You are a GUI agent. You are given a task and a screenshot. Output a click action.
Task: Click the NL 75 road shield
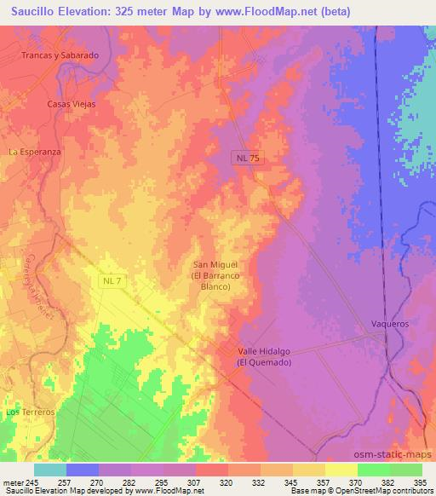point(247,159)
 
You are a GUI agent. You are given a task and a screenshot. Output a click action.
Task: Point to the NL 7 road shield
point(110,280)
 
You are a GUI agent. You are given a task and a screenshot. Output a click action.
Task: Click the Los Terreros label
point(30,412)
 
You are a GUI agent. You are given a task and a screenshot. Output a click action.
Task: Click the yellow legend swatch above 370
point(341,470)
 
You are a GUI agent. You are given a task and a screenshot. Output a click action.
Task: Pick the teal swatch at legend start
point(50,470)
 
